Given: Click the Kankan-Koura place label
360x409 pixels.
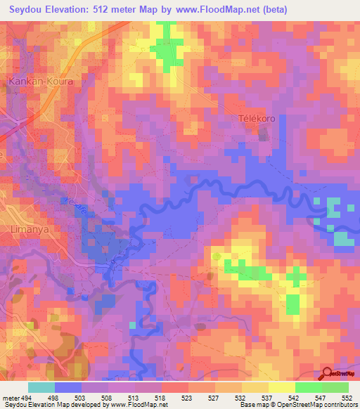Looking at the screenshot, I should click(40, 82).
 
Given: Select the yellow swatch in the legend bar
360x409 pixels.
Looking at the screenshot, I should click(283, 388).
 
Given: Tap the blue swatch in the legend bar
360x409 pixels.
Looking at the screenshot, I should click(68, 388).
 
